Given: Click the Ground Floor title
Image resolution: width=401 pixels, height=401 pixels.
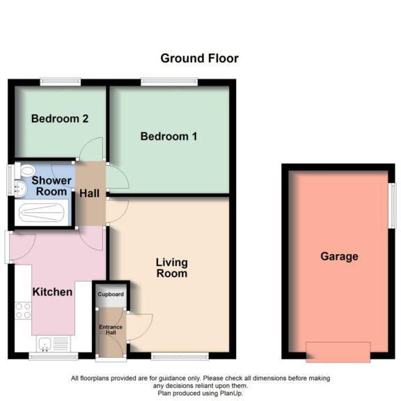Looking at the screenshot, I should pyautogui.click(x=199, y=58).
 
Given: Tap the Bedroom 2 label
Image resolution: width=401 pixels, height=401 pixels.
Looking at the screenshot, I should pyautogui.click(x=59, y=119).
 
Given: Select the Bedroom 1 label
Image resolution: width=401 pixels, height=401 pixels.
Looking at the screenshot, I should pyautogui.click(x=168, y=136).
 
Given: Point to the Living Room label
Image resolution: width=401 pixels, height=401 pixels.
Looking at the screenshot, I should pyautogui.click(x=171, y=268).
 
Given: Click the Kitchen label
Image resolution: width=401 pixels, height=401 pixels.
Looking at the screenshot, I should pyautogui.click(x=52, y=292).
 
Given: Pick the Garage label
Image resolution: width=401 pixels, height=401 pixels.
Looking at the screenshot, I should pyautogui.click(x=339, y=256).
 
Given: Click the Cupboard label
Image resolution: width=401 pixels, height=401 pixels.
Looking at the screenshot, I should pyautogui.click(x=111, y=295).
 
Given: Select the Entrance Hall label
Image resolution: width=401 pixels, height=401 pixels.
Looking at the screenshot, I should pyautogui.click(x=111, y=331).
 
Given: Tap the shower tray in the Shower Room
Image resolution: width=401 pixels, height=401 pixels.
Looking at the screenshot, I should pyautogui.click(x=41, y=212).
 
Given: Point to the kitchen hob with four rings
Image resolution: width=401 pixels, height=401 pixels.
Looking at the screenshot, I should pyautogui.click(x=22, y=310).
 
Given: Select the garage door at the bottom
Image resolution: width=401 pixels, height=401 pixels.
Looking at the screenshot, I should pyautogui.click(x=338, y=352).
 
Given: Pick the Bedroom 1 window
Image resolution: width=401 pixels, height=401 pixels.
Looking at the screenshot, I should pyautogui.click(x=169, y=82).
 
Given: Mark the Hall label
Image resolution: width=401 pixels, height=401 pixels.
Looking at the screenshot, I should pyautogui.click(x=88, y=193).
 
